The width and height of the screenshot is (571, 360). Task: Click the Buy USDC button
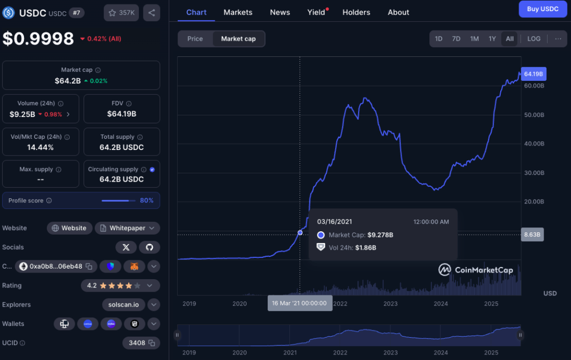pos(543,9)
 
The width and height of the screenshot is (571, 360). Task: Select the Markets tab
pos(238,12)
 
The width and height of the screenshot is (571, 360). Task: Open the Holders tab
pos(356,12)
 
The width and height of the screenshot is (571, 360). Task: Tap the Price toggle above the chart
pos(195,38)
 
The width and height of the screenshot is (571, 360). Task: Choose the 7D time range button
pos(456,38)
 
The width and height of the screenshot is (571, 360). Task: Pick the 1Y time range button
pos(492,38)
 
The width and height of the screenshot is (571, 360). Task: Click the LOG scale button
pos(534,38)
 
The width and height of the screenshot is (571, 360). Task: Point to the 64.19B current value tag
pos(534,74)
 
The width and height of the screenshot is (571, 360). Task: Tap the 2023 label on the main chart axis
pos(390,304)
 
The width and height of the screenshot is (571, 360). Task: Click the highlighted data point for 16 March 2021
pos(300,232)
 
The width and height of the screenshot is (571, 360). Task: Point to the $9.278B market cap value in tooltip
pos(380,235)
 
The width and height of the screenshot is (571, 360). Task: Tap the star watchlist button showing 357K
pos(121,12)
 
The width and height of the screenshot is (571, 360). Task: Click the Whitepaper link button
pos(127,228)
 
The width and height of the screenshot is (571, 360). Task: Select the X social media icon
pos(125,247)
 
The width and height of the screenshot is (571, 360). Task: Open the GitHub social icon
pos(149,247)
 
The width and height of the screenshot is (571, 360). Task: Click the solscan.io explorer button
pos(123,305)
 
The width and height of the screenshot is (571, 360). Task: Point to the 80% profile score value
pos(147,201)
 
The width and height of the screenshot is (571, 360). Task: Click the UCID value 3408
pos(137,343)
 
